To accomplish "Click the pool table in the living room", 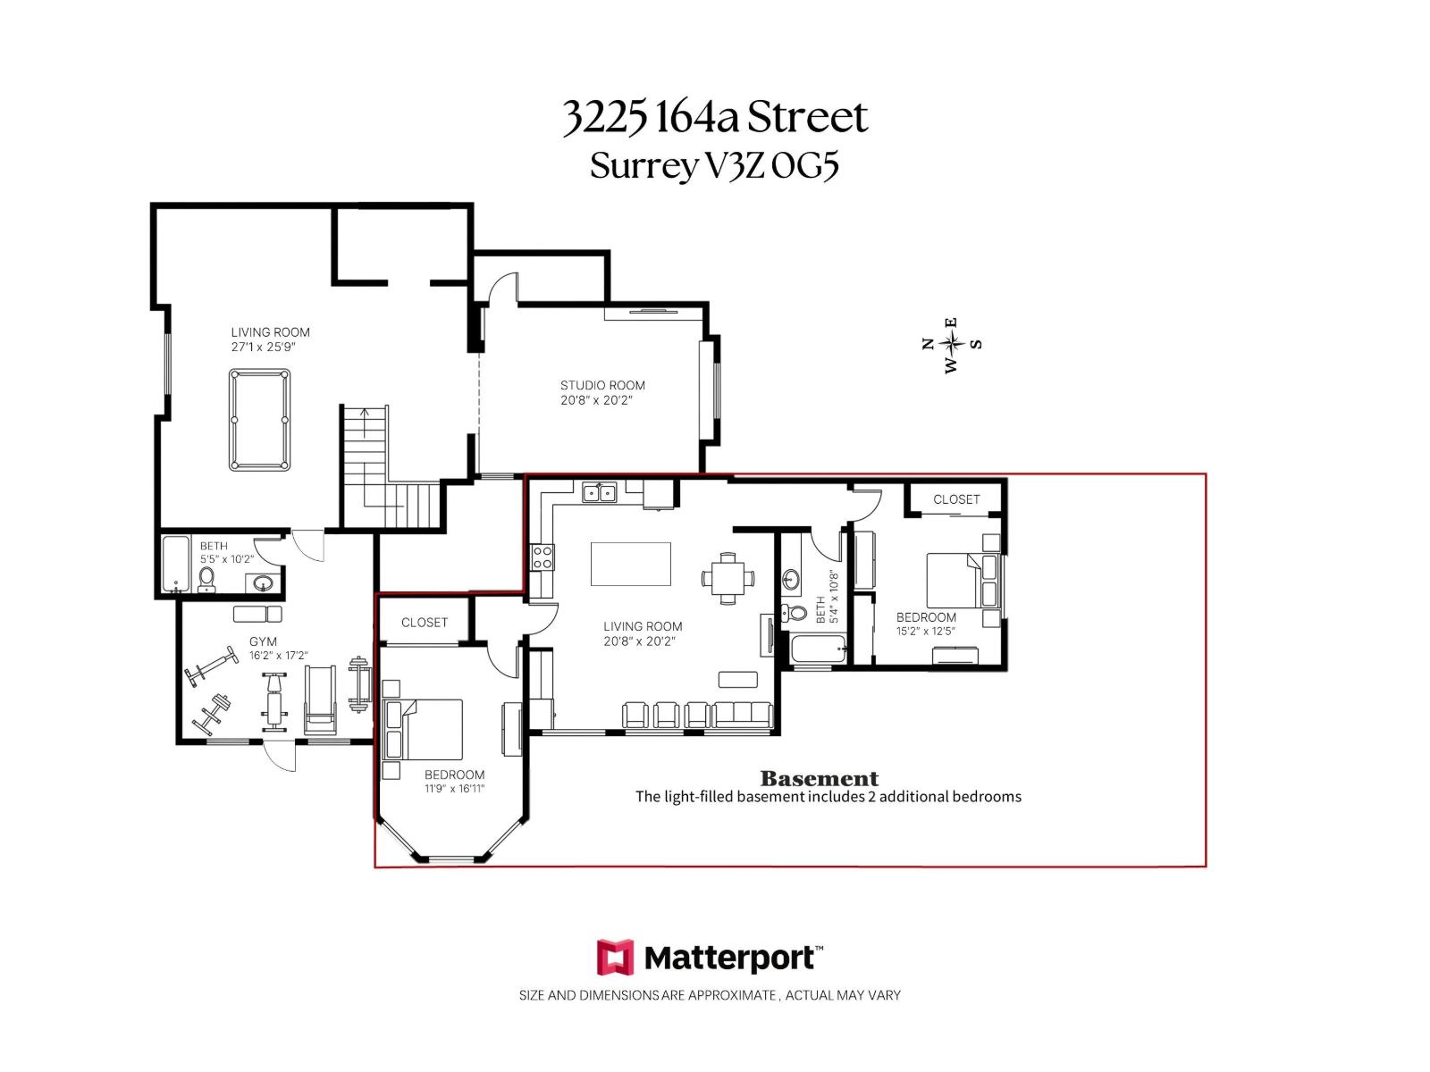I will point(259,420).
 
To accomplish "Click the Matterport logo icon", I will point(615,958).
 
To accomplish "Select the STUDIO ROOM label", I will point(602,385).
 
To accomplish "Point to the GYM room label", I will point(263,641).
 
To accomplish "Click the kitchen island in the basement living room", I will point(630,564).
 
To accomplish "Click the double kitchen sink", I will point(599,492).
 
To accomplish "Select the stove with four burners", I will point(543,557).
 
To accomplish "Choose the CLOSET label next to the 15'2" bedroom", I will point(956,499).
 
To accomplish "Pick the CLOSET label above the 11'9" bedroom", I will point(424,622).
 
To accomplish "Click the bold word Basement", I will point(819,778).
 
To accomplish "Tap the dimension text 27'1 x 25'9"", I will point(263,347).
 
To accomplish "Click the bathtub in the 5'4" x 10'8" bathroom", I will point(817,650).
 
